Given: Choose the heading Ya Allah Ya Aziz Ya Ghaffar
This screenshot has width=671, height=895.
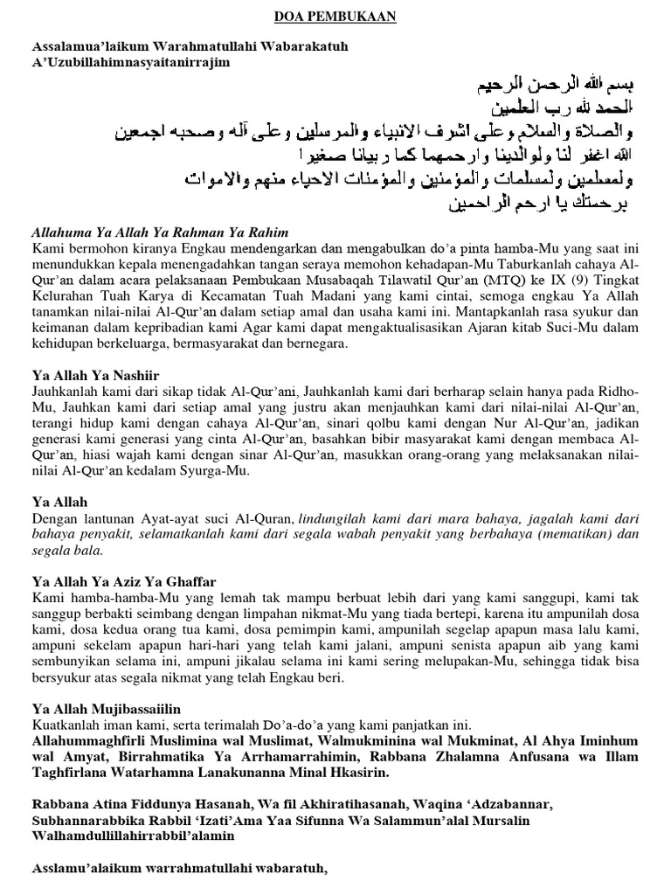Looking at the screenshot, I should tap(124, 581).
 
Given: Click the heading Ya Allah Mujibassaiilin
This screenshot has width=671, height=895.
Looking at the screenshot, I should tap(106, 707).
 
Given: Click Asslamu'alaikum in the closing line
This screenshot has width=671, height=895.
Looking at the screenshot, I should tap(81, 869).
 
